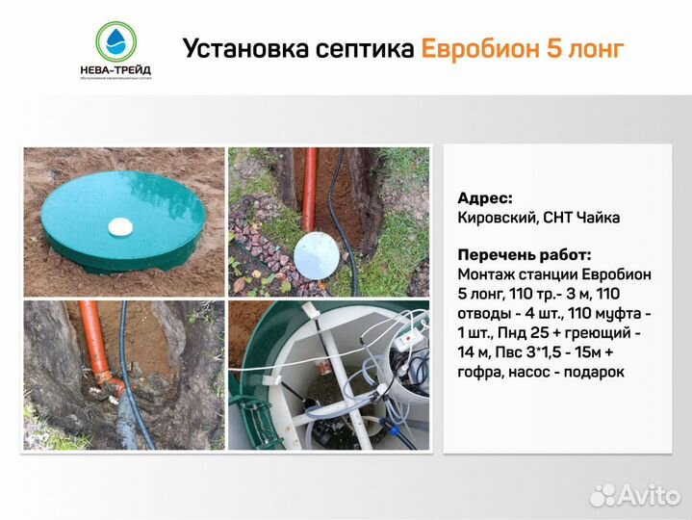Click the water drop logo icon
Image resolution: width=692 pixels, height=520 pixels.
point(115,40)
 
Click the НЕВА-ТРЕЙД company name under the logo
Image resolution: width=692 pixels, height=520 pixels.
point(115,69)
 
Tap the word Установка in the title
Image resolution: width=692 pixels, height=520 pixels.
point(236,47)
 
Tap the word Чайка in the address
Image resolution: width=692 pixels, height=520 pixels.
point(599,218)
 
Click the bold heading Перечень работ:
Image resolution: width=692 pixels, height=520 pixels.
point(525,255)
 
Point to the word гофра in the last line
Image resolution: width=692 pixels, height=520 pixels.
point(484,372)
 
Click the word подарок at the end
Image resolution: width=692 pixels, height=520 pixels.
point(595,372)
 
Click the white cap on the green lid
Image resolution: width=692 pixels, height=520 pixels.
point(119,226)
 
